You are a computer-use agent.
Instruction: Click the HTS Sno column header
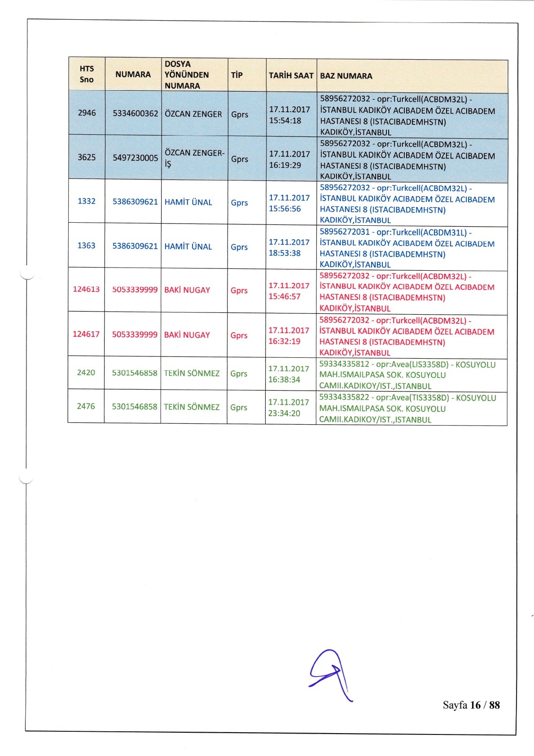pos(87,74)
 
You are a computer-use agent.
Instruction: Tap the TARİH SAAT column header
pos(291,75)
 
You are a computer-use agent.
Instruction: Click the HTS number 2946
pos(87,113)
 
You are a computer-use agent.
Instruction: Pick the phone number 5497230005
pos(135,158)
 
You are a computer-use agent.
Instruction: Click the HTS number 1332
pos(87,201)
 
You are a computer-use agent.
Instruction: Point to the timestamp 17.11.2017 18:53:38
pos(289,247)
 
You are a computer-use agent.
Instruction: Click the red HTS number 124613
pos(86,289)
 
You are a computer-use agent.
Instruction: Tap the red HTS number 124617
pos(86,334)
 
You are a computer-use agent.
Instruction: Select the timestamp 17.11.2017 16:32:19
pos(289,335)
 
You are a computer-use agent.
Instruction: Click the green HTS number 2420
pos(86,372)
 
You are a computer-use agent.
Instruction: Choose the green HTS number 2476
pos(86,406)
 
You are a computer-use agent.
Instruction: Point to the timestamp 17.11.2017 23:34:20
pos(289,408)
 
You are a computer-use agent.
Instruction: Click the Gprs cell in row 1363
pos(239,247)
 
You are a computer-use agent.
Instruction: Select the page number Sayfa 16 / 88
pos(471,705)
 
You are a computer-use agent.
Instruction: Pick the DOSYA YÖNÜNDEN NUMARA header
pos(186,75)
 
